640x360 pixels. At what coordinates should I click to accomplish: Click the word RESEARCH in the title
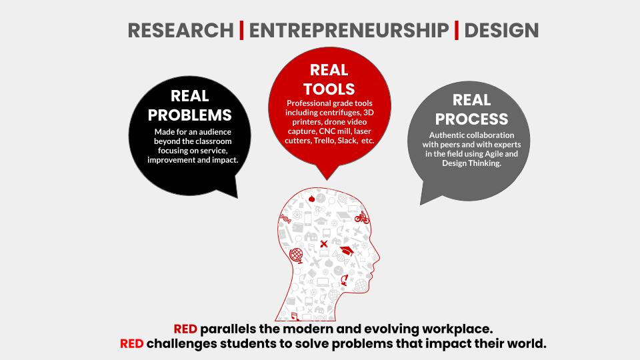pyautogui.click(x=181, y=31)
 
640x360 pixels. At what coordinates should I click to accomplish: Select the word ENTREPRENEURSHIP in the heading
pyautogui.click(x=349, y=31)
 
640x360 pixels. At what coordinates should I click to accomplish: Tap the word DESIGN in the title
pyautogui.click(x=501, y=31)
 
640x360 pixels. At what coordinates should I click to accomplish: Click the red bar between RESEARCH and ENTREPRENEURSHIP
pyautogui.click(x=241, y=30)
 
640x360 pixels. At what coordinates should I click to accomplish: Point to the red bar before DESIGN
pyautogui.click(x=456, y=30)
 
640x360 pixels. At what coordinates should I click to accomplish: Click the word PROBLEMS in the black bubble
pyautogui.click(x=190, y=115)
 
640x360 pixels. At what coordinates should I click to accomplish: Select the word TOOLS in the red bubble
pyautogui.click(x=329, y=89)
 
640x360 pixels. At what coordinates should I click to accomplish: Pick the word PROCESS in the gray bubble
pyautogui.click(x=471, y=119)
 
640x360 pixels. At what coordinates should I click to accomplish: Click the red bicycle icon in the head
pyautogui.click(x=361, y=218)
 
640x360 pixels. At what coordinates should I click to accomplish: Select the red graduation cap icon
pyautogui.click(x=347, y=251)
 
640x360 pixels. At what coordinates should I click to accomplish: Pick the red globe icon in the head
pyautogui.click(x=296, y=255)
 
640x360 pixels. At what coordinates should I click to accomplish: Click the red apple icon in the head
pyautogui.click(x=311, y=199)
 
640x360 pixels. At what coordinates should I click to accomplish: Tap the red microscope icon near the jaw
pyautogui.click(x=345, y=280)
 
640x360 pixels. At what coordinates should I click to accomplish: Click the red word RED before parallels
pyautogui.click(x=185, y=329)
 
